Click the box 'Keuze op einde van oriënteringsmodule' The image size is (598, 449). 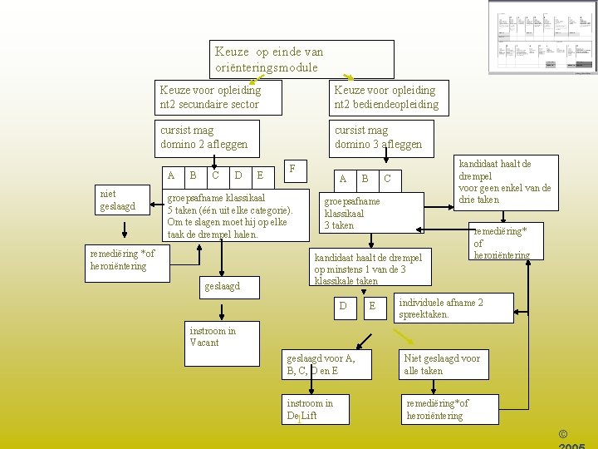pos(302,59)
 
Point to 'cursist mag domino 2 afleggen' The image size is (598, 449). pos(209,137)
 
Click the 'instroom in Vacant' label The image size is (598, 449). pos(213,337)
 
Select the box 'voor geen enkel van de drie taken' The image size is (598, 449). pos(504,182)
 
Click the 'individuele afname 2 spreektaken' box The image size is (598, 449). pos(453,308)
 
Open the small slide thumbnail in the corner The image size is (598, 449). pos(541,37)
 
